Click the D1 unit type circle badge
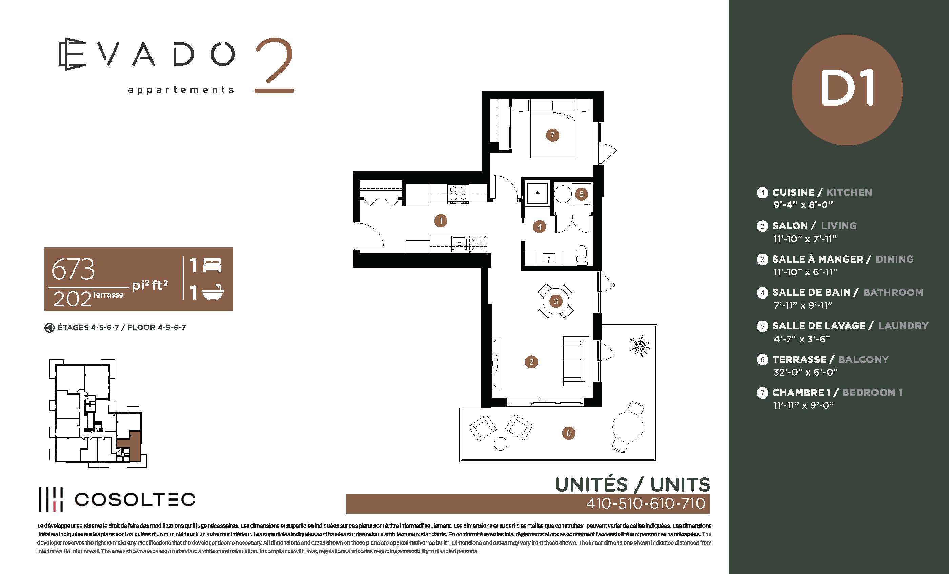847,90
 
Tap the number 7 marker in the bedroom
552,135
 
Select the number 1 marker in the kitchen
441,221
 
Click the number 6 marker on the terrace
568,433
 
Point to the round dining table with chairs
556,301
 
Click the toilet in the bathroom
582,255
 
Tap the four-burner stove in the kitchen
458,193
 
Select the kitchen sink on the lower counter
459,244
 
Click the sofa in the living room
576,361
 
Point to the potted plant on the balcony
640,345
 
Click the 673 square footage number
73,269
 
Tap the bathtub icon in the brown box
213,292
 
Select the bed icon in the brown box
212,265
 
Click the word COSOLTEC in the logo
135,500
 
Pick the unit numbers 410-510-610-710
646,503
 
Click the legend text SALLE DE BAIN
811,292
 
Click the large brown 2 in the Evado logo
274,65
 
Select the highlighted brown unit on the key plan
131,447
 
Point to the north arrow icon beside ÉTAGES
49,328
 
